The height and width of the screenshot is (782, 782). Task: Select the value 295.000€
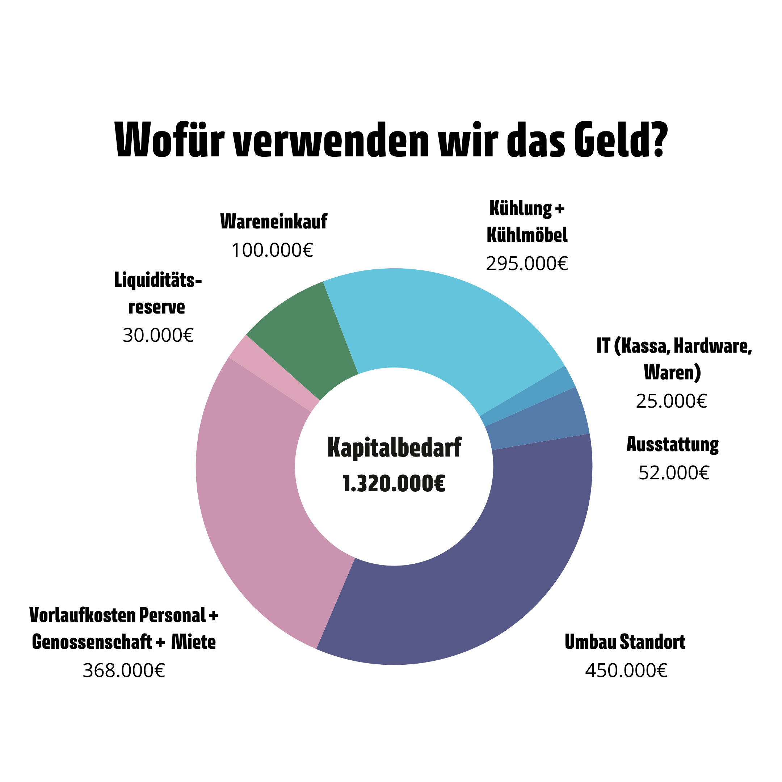click(527, 264)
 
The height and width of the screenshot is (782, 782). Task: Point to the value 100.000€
click(272, 250)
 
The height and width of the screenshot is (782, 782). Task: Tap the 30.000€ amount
click(158, 335)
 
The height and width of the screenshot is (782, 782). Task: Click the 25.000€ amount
click(671, 401)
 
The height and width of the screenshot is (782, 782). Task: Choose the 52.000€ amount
click(674, 473)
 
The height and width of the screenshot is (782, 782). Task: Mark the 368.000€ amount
click(124, 671)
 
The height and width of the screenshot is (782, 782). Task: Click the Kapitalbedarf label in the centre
click(394, 448)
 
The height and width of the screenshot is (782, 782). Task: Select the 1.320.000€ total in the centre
click(394, 484)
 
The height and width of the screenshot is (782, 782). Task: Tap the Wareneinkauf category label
click(274, 222)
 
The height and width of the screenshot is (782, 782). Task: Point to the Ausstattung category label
click(672, 445)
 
